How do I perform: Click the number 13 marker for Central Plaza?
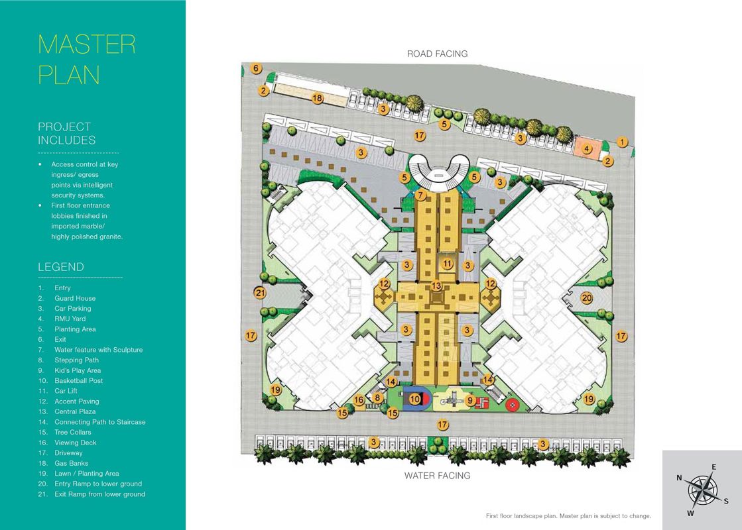tap(436, 286)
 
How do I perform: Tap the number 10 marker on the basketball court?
tap(415, 399)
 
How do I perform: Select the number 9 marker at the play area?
tap(470, 400)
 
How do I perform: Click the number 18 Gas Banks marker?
tap(317, 98)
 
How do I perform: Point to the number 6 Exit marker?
tap(256, 68)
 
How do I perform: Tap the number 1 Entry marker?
tap(622, 142)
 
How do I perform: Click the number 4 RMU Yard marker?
tap(587, 148)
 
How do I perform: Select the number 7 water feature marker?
tap(420, 194)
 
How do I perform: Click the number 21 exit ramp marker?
tap(261, 293)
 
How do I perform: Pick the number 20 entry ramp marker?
tap(587, 298)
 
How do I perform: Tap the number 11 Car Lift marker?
tap(447, 264)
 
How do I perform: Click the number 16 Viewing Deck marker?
tap(359, 400)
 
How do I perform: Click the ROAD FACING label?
tap(437, 54)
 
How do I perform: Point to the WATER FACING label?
tap(437, 476)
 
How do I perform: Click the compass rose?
tap(703, 490)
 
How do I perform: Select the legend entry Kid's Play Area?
tap(78, 370)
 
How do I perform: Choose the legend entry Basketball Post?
tap(78, 380)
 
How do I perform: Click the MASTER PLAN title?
tap(87, 60)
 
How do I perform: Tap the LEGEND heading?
tap(61, 266)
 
